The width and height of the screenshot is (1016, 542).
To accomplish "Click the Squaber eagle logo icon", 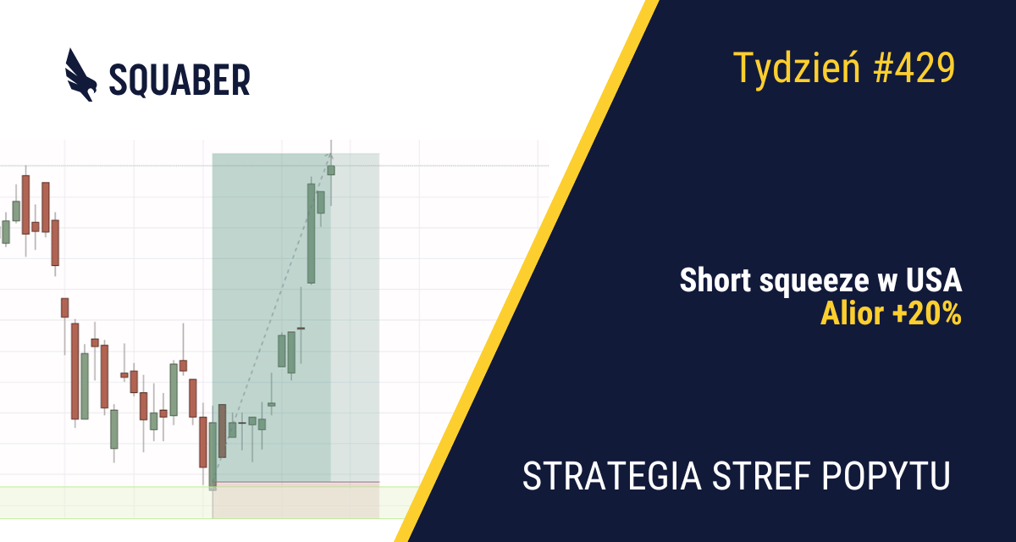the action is pyautogui.click(x=80, y=75).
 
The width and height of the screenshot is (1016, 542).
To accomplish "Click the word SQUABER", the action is pyautogui.click(x=179, y=80).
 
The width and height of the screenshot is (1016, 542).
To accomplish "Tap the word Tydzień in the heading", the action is pyautogui.click(x=797, y=69).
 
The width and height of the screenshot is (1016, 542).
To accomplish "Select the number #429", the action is pyautogui.click(x=914, y=68).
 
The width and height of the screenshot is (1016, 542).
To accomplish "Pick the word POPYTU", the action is pyautogui.click(x=886, y=476).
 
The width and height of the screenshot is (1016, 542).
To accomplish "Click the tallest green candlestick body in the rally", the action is pyautogui.click(x=312, y=234).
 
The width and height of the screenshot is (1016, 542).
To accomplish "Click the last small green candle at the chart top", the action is pyautogui.click(x=331, y=170).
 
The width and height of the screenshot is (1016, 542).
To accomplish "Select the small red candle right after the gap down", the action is pyautogui.click(x=65, y=307).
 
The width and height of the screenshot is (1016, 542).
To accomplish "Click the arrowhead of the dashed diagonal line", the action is pyautogui.click(x=330, y=156).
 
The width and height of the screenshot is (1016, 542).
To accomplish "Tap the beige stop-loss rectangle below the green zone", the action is pyautogui.click(x=295, y=501).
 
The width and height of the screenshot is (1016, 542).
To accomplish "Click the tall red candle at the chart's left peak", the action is pyautogui.click(x=26, y=205).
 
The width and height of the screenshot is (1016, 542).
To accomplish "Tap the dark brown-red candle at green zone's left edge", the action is pyautogui.click(x=222, y=431).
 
